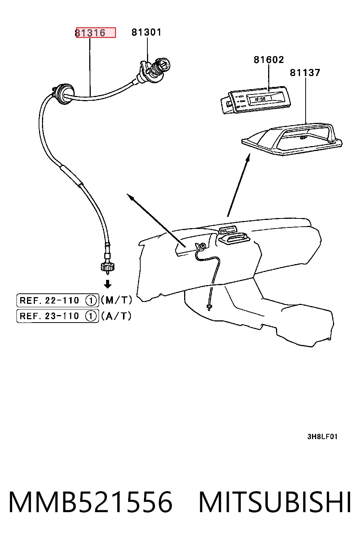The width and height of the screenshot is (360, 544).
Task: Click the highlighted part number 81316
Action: click(x=90, y=33)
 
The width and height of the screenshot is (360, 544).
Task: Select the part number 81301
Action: click(x=146, y=32)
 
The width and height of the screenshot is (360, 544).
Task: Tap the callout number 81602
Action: click(x=269, y=60)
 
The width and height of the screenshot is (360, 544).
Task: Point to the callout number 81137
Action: click(x=305, y=72)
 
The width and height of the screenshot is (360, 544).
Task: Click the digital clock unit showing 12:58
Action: click(x=256, y=100)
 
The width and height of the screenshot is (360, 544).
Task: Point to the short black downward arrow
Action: click(x=108, y=284)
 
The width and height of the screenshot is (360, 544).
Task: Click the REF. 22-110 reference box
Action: click(x=58, y=300)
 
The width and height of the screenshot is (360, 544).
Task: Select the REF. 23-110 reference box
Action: click(x=58, y=316)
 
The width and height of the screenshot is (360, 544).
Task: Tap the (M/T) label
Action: click(x=116, y=300)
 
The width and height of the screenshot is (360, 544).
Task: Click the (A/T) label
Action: click(x=116, y=316)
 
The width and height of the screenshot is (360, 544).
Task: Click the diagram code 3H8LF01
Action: click(x=322, y=436)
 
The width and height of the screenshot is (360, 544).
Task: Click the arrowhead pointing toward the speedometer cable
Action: click(x=130, y=197)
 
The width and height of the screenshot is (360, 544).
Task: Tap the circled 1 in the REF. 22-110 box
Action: click(x=91, y=301)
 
